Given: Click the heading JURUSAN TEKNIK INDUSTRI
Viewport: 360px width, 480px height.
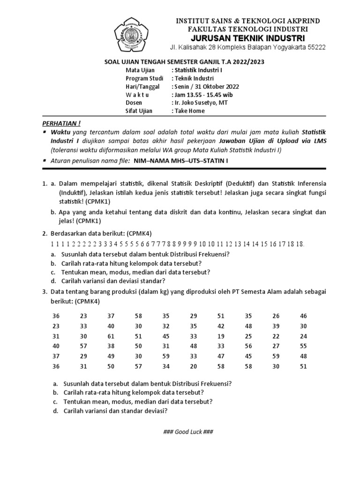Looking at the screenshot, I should point(240,38).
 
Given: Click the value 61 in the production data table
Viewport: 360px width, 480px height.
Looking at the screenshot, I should point(111,336).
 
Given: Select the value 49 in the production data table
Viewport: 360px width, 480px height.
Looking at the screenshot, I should point(111,357).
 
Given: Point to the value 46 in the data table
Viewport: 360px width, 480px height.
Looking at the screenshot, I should point(303,316).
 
